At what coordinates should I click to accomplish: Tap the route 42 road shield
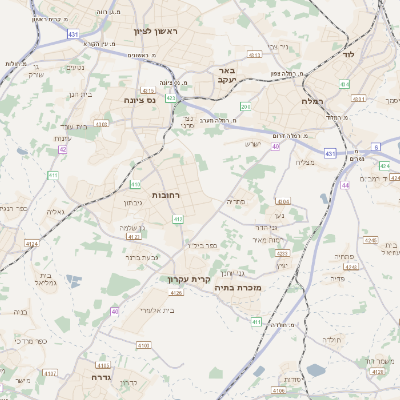tap(62, 150)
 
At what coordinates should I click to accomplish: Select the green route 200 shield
tap(245, 107)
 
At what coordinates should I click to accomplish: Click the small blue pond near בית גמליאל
tap(70, 283)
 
